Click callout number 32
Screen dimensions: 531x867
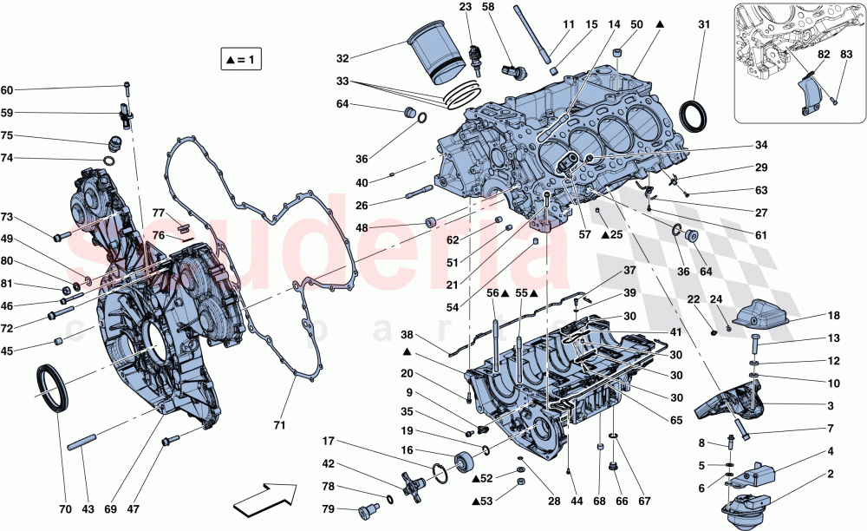(x=342, y=59)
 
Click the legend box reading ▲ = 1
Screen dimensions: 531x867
(x=242, y=59)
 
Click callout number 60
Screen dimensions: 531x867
(x=7, y=90)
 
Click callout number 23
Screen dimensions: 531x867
(x=465, y=7)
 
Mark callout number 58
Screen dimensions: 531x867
(x=487, y=7)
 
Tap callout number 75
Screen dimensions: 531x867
(x=7, y=135)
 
